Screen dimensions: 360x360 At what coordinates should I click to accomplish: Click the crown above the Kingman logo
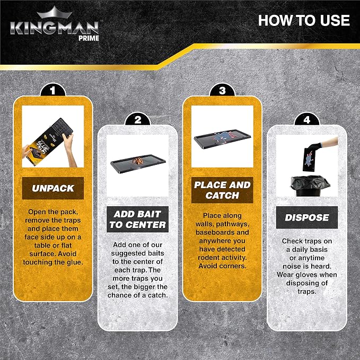(x=55, y=13)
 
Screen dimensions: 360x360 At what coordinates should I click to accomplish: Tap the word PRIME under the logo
(x=89, y=38)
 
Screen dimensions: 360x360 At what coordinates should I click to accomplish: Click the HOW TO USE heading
(x=304, y=21)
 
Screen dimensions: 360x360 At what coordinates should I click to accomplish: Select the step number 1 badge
(x=53, y=90)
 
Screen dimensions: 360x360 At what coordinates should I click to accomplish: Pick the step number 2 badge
(x=137, y=119)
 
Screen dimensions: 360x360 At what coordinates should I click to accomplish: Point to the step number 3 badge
(x=222, y=90)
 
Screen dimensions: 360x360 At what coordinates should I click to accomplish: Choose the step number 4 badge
(x=307, y=119)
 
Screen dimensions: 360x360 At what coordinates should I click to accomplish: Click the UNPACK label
(x=53, y=188)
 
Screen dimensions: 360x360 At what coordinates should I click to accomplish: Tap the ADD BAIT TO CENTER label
(x=137, y=219)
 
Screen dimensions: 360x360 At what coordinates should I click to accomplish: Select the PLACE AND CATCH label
(x=222, y=190)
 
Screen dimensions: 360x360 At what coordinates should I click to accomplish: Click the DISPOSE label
(x=307, y=217)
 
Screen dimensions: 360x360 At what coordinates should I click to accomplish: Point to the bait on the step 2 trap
(x=137, y=161)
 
